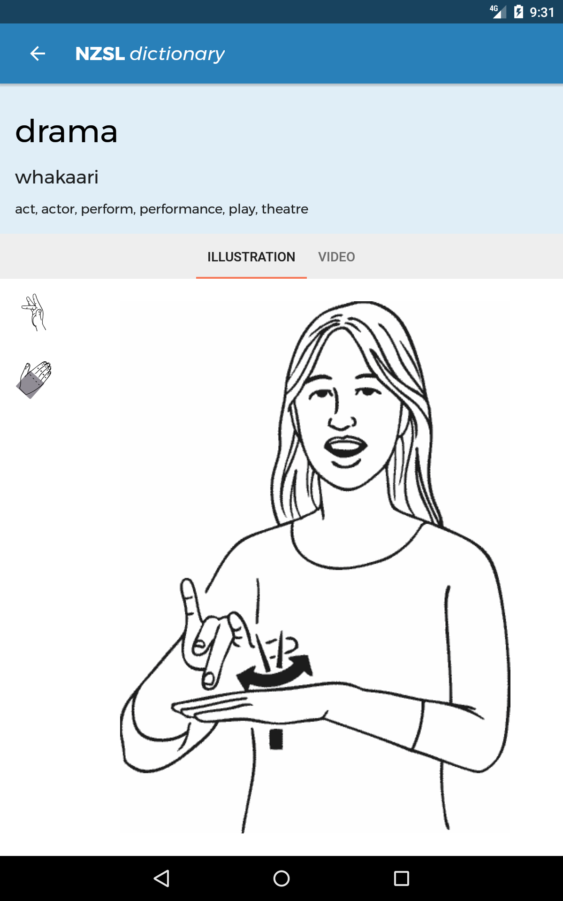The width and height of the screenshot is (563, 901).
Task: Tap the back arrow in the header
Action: point(38,53)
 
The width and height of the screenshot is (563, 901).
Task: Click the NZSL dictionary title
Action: point(150,54)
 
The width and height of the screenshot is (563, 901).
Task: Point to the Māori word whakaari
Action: point(57,177)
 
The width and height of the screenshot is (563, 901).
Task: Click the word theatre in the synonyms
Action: point(285,209)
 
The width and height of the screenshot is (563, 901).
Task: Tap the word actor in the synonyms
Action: point(59,209)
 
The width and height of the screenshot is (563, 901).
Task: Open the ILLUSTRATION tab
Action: point(251,257)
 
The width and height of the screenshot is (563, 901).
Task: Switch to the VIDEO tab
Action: point(336,257)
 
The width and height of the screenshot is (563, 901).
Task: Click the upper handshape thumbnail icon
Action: point(34,313)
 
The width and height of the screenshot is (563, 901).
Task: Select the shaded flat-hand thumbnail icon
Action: point(34,380)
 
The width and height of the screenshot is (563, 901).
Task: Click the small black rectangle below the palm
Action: point(276,739)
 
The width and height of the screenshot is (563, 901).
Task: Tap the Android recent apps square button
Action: point(402,878)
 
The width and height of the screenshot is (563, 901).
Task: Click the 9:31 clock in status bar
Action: point(542,12)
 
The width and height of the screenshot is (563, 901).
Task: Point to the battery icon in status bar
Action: point(518,12)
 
